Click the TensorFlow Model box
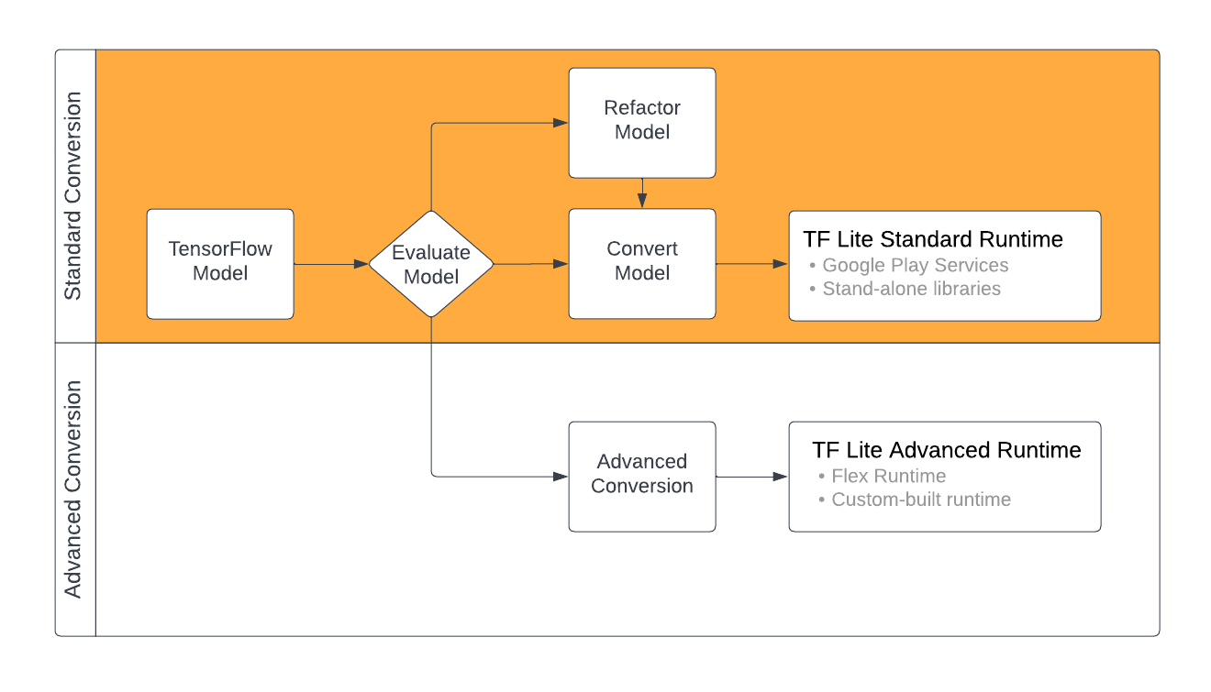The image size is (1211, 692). (x=220, y=264)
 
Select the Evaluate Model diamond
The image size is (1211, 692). (x=431, y=264)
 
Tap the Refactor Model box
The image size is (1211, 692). (x=642, y=122)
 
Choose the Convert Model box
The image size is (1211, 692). (x=642, y=264)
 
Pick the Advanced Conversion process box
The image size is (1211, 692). (x=642, y=476)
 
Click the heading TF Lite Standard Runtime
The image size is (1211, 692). (x=932, y=240)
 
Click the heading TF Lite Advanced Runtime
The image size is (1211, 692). (x=946, y=451)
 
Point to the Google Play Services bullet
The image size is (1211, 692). (x=915, y=266)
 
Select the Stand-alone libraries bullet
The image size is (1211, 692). (x=911, y=289)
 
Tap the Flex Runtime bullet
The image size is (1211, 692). (x=888, y=476)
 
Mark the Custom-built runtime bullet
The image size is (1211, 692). (x=920, y=500)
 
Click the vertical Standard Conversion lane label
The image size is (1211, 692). (x=74, y=196)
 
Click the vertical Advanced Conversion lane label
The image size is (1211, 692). (x=74, y=489)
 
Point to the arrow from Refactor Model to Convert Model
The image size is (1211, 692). (x=642, y=193)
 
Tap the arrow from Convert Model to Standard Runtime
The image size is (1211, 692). (x=751, y=264)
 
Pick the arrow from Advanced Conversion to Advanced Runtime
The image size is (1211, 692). (x=751, y=476)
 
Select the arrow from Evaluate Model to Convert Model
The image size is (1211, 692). (x=530, y=264)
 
